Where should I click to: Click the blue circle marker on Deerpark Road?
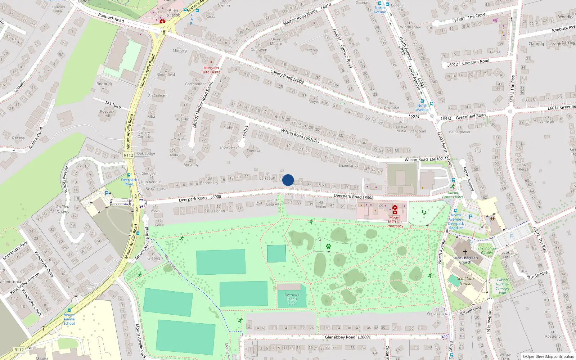click(288, 180)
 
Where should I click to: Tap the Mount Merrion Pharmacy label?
click(395, 221)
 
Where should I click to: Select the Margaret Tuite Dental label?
click(211, 70)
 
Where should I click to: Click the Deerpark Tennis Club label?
click(292, 299)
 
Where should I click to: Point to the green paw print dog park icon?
click(328, 247)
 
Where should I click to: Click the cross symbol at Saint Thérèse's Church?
click(465, 252)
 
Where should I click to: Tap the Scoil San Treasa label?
click(465, 281)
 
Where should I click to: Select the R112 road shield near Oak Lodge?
click(129, 155)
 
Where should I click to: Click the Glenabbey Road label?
click(340, 337)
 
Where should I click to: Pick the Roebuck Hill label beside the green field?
click(104, 86)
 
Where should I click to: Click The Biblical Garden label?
click(487, 250)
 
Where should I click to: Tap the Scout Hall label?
click(507, 255)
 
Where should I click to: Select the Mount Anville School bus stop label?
click(69, 319)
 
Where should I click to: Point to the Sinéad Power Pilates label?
click(453, 195)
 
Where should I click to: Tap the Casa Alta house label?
click(274, 204)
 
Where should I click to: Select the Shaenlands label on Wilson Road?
click(348, 165)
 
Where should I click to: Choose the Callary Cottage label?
click(144, 134)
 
